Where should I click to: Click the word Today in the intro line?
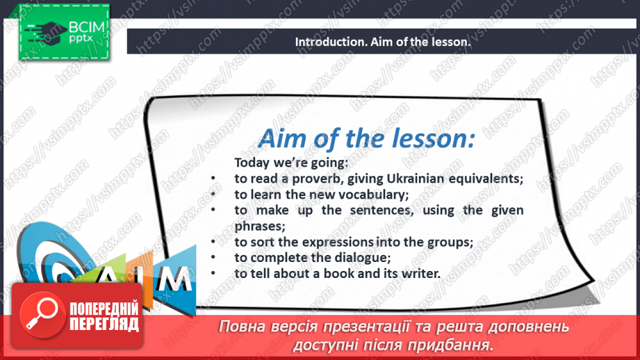tap(252, 163)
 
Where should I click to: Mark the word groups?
tap(445, 242)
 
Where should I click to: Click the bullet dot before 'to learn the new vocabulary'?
tap(213, 195)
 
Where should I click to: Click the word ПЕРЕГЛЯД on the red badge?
tap(103, 325)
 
